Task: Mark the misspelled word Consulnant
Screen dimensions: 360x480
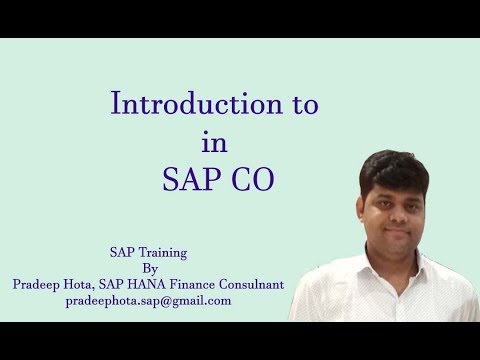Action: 257,284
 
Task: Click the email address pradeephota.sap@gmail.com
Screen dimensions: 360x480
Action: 148,300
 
